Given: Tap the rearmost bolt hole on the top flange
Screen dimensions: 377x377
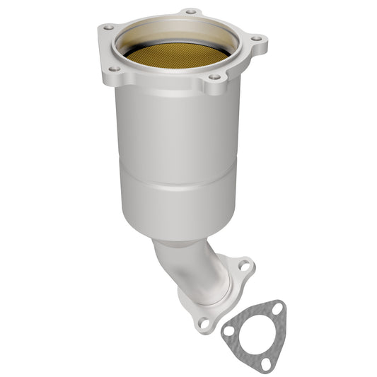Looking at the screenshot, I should point(190,12).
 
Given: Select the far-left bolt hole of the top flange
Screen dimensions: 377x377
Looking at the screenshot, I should point(108,27).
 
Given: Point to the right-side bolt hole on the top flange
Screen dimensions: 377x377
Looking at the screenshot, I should point(256,38).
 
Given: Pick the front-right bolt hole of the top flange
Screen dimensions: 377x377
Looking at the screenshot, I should point(215,77).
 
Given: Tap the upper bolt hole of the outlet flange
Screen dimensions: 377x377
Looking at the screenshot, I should point(243,267).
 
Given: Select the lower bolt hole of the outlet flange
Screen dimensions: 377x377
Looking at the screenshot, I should point(204,323).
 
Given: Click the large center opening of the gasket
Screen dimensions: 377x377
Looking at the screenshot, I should point(253,331).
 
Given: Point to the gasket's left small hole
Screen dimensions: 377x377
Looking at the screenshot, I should point(228,330).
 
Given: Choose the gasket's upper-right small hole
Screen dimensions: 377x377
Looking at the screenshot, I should point(278,308).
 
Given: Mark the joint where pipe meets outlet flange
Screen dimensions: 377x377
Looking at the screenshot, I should point(212,297).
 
